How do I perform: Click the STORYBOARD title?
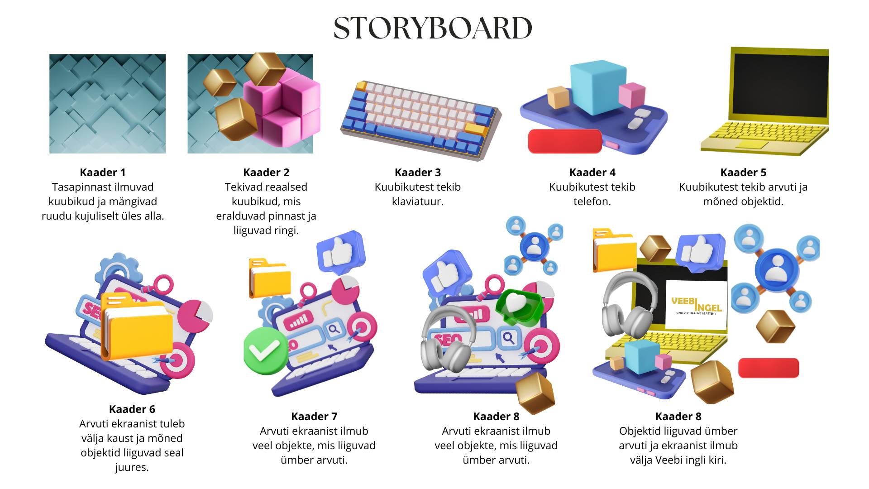433,28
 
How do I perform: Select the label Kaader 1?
103,173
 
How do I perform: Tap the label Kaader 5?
743,173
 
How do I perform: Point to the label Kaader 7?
314,417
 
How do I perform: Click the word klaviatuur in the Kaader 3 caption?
417,201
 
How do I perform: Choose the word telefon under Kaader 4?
592,201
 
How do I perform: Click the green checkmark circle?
265,350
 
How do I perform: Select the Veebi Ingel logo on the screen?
696,304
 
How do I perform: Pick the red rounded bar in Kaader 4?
565,141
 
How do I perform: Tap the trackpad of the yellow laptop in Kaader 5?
752,145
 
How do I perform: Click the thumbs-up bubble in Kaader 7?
340,252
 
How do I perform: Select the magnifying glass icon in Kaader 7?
334,329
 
